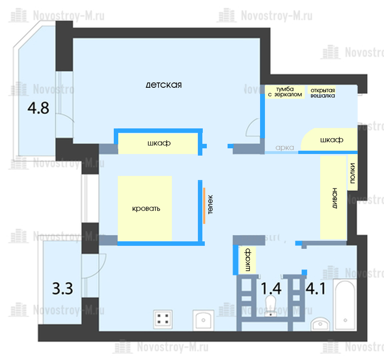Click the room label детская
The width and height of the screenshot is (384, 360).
(x=164, y=85)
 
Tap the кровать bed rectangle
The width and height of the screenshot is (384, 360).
(x=145, y=208)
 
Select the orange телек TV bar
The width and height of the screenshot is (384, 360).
(x=204, y=206)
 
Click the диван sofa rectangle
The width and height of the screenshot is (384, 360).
(x=333, y=197)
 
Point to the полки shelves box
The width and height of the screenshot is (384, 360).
(x=353, y=173)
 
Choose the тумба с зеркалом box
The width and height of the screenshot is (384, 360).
(x=285, y=92)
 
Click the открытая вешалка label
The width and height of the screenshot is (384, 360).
(x=323, y=93)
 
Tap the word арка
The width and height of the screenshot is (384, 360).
(x=285, y=148)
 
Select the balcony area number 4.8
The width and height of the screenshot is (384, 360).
(x=38, y=108)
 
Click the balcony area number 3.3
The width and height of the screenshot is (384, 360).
(x=62, y=289)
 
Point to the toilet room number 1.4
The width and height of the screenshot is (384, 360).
(x=271, y=288)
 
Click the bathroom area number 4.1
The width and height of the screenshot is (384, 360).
(x=316, y=288)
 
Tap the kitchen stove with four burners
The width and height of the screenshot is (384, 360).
(x=163, y=319)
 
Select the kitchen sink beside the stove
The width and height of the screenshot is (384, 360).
(x=203, y=320)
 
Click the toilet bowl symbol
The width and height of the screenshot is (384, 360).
(x=271, y=306)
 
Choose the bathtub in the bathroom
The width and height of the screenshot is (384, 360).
(x=345, y=305)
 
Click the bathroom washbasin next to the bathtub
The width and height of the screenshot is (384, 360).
(x=320, y=324)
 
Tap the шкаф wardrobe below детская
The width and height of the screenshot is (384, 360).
(x=158, y=144)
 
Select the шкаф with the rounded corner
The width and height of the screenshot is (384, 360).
(x=329, y=139)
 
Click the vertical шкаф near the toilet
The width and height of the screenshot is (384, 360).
(x=247, y=260)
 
